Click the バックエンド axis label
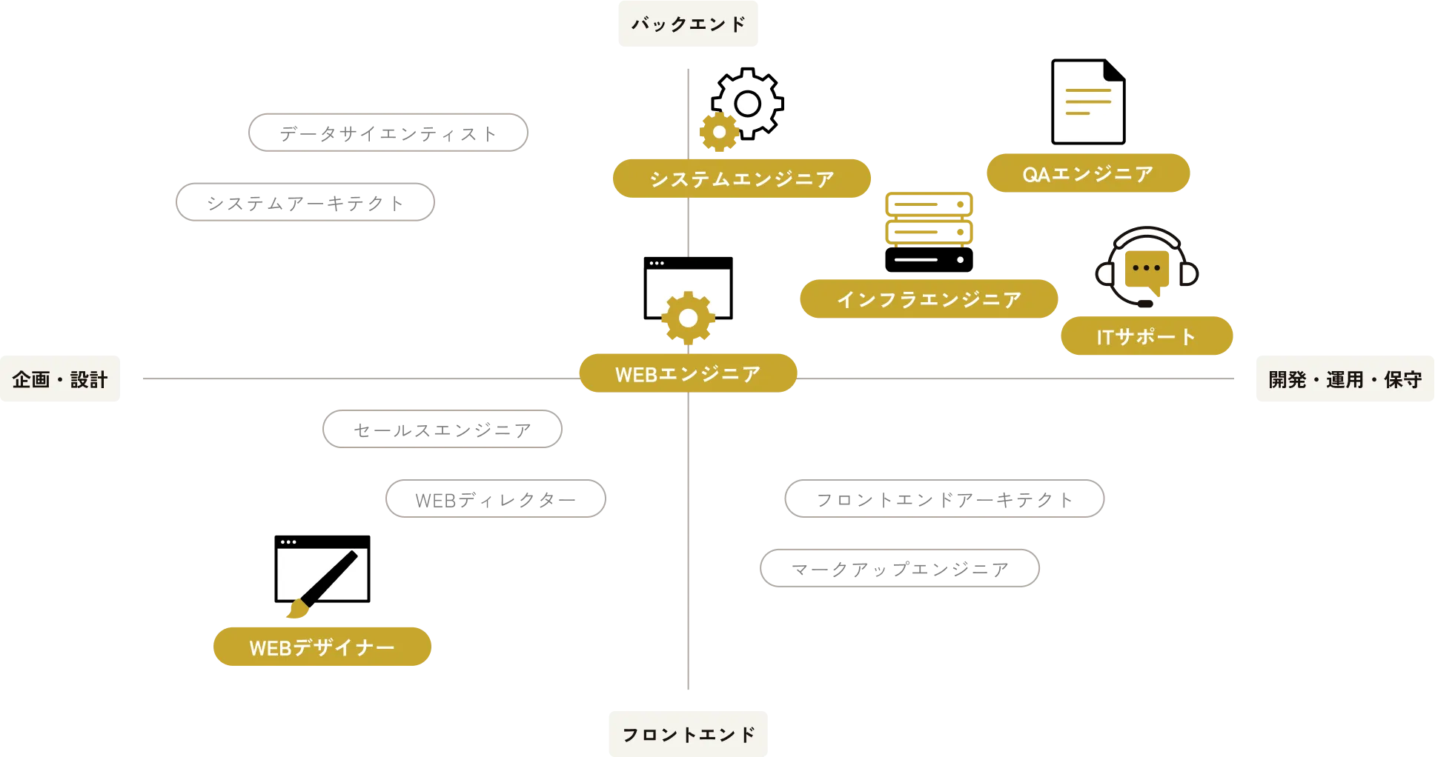click(x=687, y=24)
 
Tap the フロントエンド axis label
click(x=687, y=734)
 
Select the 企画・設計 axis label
click(x=62, y=379)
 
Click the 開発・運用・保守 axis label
click(x=1343, y=379)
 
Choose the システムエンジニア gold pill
click(x=740, y=179)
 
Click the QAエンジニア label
click(x=1087, y=174)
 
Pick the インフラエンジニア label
click(x=929, y=299)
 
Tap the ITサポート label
click(x=1146, y=336)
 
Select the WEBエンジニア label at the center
click(x=687, y=374)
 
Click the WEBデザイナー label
click(x=322, y=647)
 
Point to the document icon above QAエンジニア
click(x=1087, y=101)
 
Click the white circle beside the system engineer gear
click(x=747, y=104)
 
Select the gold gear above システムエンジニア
click(x=719, y=133)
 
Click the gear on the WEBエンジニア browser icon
click(x=688, y=319)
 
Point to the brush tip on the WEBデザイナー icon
click(x=296, y=610)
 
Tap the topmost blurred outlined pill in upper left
click(x=388, y=133)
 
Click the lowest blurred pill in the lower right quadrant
click(x=901, y=569)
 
